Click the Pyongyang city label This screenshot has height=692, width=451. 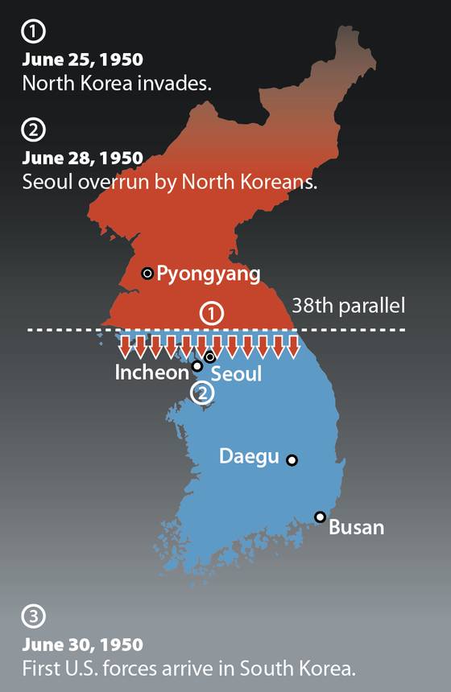(208, 274)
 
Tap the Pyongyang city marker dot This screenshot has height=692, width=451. (147, 274)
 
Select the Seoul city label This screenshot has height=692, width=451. (236, 374)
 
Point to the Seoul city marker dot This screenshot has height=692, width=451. (210, 356)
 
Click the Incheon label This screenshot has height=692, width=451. (151, 373)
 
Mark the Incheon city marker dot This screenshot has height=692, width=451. (197, 366)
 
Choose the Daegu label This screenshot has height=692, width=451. (249, 456)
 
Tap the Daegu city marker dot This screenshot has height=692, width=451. (292, 460)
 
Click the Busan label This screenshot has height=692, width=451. (356, 528)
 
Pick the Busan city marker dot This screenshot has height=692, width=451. (321, 517)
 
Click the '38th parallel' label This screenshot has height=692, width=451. (347, 306)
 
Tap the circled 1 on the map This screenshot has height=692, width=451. (211, 313)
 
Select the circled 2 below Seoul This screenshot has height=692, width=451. (202, 392)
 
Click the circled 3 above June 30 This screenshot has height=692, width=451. (32, 616)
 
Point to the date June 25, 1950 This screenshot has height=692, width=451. (82, 60)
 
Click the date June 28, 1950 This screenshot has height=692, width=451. (82, 158)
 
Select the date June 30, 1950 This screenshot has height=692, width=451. (82, 645)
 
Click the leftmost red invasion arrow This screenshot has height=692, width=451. (125, 347)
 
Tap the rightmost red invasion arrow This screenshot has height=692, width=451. (294, 347)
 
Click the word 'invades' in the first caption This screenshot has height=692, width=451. (177, 83)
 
